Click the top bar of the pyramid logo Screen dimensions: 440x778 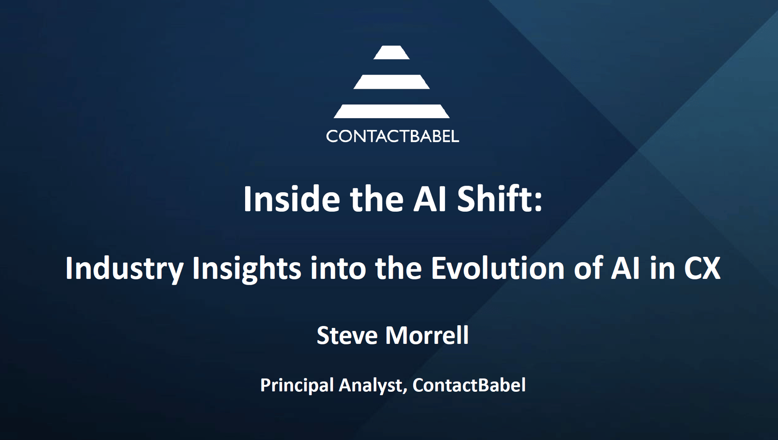coord(391,53)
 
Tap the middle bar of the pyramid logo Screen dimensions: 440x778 coord(391,82)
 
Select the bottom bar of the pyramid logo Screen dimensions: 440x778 coord(391,111)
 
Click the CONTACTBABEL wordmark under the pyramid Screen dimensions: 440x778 coord(393,137)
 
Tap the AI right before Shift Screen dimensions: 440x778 coord(429,199)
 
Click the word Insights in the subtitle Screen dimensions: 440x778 coord(247,268)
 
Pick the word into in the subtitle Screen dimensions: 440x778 coord(338,268)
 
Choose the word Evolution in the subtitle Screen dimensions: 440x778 coord(498,268)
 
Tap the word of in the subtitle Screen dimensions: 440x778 coord(587,268)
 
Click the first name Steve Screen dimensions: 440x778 coord(347,335)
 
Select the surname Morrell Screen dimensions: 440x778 coord(427,335)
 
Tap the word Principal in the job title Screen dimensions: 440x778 coord(297,385)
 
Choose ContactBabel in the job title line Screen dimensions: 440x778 coord(469,385)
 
